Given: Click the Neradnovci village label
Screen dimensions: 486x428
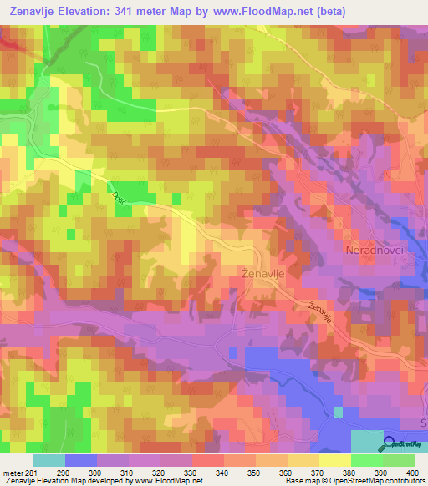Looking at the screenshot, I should click(x=374, y=251).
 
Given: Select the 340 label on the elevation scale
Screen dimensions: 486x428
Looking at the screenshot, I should click(x=223, y=473).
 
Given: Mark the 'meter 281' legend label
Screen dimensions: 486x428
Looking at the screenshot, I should click(x=18, y=473).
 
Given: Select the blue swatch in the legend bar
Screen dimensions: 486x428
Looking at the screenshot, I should click(x=80, y=460).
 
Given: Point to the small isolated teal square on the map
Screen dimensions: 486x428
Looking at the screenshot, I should click(x=338, y=412).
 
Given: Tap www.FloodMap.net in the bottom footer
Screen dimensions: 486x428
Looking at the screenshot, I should click(x=171, y=482).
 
